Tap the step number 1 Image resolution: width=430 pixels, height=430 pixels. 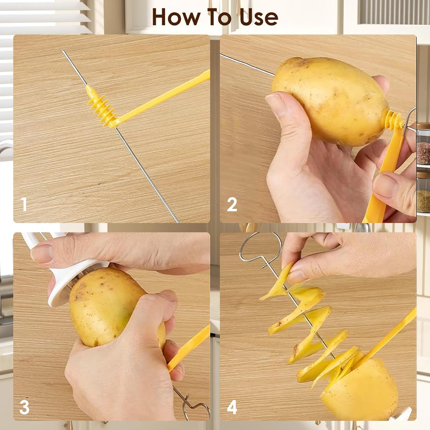(24, 205)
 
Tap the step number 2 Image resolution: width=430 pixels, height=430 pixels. (232, 205)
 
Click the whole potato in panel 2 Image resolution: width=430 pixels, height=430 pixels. (330, 100)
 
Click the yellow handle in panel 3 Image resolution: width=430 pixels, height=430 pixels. (189, 347)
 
